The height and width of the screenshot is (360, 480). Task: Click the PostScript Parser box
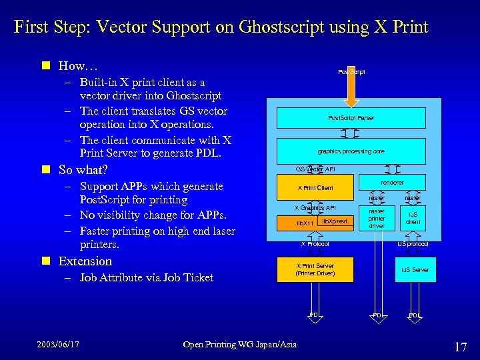(351, 118)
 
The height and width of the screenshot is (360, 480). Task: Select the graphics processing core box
(351, 151)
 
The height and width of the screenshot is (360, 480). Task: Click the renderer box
(392, 182)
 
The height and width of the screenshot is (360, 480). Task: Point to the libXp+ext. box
(335, 221)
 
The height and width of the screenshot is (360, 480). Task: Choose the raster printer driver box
(377, 219)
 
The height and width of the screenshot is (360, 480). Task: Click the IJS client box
(413, 219)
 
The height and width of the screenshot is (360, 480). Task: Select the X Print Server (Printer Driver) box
(315, 269)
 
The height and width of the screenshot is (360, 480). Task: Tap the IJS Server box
(415, 269)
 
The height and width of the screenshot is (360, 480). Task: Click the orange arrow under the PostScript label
(351, 85)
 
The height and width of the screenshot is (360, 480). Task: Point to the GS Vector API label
(315, 169)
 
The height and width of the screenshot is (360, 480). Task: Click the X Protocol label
(315, 244)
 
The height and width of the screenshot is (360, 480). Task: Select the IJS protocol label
(413, 244)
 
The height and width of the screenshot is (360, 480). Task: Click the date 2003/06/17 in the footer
(58, 344)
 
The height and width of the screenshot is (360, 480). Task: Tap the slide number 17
(460, 346)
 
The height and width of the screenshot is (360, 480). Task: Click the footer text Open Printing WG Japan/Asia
(240, 344)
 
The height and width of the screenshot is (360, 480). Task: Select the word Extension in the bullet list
(85, 261)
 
